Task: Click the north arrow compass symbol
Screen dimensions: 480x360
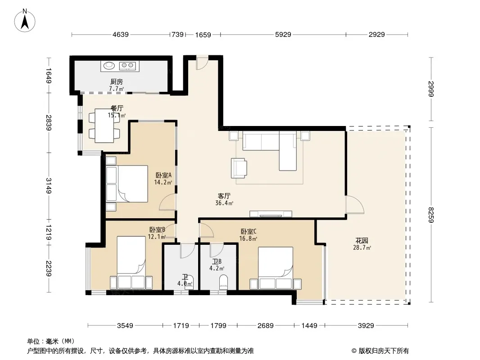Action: click(x=25, y=21)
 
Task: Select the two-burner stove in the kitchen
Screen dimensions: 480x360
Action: click(x=127, y=65)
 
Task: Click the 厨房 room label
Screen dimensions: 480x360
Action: click(x=117, y=81)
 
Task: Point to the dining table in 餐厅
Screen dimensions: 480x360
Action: click(x=104, y=126)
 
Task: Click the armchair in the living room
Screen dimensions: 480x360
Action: click(x=239, y=167)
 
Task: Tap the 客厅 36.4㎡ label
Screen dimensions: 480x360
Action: click(x=224, y=199)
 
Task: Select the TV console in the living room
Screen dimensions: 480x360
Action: click(x=271, y=214)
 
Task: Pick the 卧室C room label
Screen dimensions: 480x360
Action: click(x=248, y=232)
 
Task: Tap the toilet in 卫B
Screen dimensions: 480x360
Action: click(x=224, y=282)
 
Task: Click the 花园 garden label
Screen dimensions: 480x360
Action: click(x=362, y=241)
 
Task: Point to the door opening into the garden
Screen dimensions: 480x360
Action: click(x=354, y=204)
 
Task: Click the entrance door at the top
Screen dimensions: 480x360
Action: click(x=202, y=63)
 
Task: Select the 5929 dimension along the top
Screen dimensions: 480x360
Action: click(x=283, y=35)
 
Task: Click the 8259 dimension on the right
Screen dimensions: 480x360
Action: click(x=431, y=215)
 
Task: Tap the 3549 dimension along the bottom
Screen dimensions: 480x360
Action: click(x=125, y=325)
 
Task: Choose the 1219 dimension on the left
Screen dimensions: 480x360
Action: click(x=48, y=232)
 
